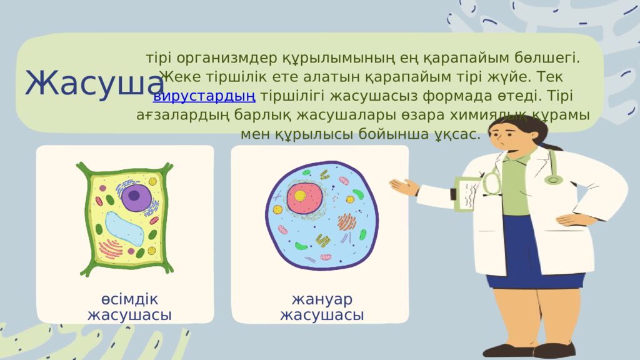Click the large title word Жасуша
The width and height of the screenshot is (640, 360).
point(95,83)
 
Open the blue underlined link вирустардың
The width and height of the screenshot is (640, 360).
point(204,96)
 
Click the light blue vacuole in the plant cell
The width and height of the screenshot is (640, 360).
point(124,229)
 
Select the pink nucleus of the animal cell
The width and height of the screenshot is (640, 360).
point(304,198)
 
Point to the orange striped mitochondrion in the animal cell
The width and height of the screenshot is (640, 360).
point(346,222)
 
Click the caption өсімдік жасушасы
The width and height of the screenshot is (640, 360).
point(129,307)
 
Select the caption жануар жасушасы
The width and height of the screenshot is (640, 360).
point(322,307)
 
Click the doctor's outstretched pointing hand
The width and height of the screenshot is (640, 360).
point(404,186)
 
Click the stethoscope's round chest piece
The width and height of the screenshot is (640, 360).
point(554,179)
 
